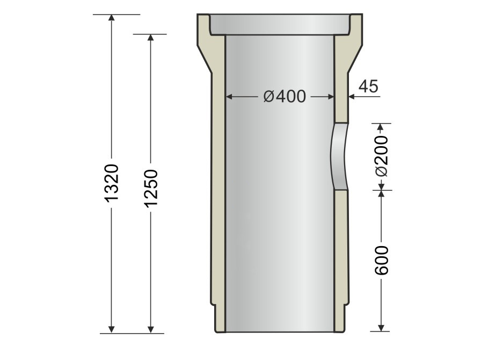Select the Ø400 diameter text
pos(285,97)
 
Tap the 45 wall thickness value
pos(369,86)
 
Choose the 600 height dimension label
pos(381,260)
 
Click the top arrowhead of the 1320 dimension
pos(112,18)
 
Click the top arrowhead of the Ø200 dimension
pos(381,128)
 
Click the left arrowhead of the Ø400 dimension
pos(228,97)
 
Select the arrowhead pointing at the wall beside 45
pos(351,97)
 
